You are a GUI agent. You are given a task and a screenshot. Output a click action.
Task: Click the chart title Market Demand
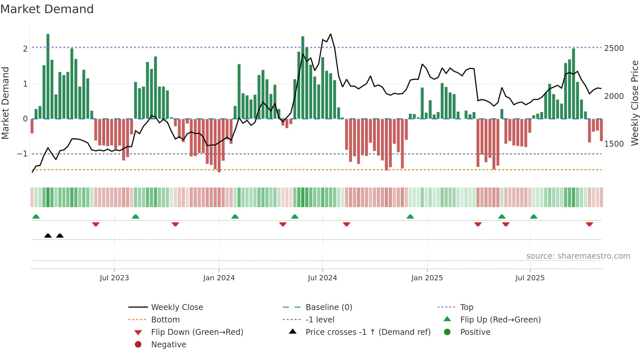[47, 9]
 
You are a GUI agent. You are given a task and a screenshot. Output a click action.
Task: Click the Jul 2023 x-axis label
[114, 278]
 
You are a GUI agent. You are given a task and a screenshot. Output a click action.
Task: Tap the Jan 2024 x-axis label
[219, 278]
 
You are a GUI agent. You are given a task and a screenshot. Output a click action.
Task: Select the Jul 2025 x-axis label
[530, 278]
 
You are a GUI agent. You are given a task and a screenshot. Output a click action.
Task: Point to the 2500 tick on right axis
[614, 48]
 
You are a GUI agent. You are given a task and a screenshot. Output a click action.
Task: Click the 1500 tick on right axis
[614, 144]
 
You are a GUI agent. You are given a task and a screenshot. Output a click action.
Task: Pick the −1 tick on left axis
[22, 154]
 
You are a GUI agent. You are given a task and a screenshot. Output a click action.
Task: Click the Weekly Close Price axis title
[634, 103]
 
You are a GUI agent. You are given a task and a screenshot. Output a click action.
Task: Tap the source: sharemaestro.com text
[578, 256]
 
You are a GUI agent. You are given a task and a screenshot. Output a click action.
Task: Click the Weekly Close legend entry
[177, 307]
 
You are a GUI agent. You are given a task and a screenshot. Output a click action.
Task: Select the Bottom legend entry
[165, 320]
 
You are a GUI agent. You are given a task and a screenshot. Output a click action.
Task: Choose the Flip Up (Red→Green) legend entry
[500, 320]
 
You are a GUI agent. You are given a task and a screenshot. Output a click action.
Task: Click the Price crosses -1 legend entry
[368, 332]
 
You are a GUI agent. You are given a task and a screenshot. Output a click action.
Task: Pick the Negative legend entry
[168, 345]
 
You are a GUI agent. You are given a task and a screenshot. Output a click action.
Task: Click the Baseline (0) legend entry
[329, 307]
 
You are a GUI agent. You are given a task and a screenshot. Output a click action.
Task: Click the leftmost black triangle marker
[48, 236]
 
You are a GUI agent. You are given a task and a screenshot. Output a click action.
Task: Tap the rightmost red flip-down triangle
[589, 224]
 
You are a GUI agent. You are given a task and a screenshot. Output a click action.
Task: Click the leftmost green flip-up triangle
[36, 217]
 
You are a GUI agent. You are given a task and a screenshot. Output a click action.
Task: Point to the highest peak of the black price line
[330, 34]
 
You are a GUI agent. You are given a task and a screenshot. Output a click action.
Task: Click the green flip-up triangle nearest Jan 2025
[410, 217]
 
